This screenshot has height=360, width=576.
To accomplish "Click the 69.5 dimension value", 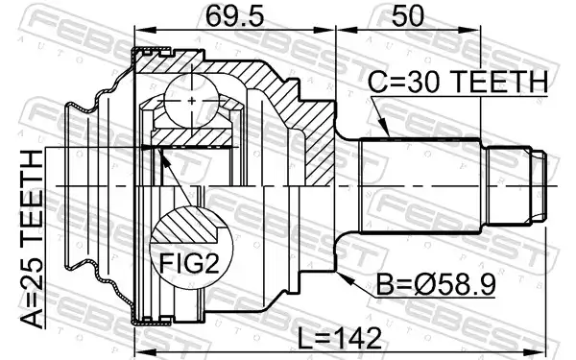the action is [x=234, y=16].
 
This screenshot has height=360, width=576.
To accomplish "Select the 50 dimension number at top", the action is [x=408, y=16].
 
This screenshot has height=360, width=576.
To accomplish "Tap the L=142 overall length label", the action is [x=340, y=339].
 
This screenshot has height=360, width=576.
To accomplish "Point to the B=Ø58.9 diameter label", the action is [x=436, y=284].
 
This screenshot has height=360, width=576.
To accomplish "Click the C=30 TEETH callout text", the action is [x=458, y=82].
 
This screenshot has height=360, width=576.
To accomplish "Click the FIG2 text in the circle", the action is [x=189, y=263].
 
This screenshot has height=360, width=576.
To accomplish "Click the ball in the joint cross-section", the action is [x=192, y=100].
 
